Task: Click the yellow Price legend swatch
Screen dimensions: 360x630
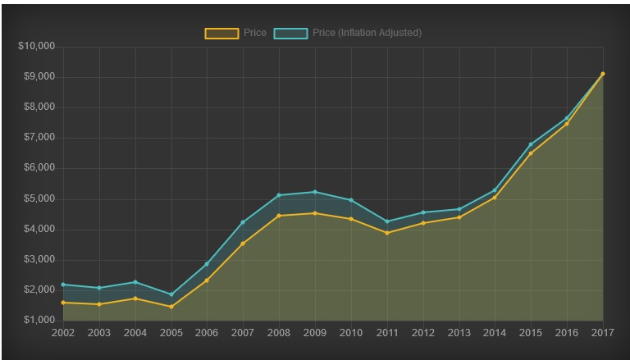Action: [221, 33]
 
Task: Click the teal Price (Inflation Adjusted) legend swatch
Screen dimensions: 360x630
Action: [290, 33]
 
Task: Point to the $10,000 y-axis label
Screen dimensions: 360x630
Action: [36, 46]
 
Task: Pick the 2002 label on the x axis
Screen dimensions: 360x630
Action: [63, 333]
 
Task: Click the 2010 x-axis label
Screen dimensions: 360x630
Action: [351, 333]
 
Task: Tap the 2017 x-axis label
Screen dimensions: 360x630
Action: [603, 333]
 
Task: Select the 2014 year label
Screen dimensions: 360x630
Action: [495, 333]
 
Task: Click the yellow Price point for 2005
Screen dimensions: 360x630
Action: [171, 307]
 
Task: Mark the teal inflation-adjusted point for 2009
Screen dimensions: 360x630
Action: [315, 192]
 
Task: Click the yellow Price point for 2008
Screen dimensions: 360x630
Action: [279, 216]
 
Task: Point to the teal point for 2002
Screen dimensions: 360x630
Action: [63, 285]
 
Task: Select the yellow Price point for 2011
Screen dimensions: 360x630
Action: [387, 233]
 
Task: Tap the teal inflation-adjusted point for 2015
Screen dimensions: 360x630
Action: [531, 144]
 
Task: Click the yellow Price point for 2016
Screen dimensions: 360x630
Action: [567, 124]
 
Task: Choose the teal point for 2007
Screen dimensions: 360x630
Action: [243, 222]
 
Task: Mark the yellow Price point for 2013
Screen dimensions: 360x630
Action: [459, 217]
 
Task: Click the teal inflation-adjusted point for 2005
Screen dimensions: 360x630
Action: [171, 294]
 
